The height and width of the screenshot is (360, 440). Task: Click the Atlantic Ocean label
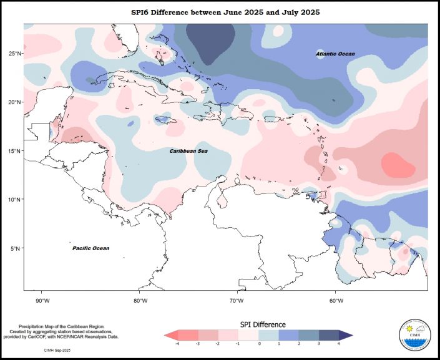click(335, 54)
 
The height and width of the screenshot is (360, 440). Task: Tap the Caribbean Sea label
click(189, 151)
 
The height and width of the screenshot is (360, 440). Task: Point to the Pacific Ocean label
click(90, 248)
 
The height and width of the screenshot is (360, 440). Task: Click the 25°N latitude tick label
click(15, 54)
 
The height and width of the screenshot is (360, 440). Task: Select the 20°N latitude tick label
click(15, 102)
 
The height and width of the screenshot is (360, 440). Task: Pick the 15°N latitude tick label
click(15, 151)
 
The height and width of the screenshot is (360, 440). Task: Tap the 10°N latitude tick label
click(15, 200)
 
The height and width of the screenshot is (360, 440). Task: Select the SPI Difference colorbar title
click(263, 324)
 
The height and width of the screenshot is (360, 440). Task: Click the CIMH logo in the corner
click(413, 337)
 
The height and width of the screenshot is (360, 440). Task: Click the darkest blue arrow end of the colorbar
click(348, 334)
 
